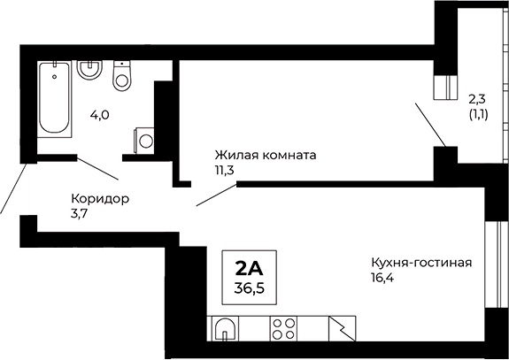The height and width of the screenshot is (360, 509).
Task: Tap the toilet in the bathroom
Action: tap(122, 77)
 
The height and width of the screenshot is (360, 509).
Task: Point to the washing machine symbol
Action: tap(144, 140)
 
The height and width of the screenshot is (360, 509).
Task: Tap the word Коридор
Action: tap(99, 198)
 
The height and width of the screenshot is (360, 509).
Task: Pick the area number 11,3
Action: tap(223, 170)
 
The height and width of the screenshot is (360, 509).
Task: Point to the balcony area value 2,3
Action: tap(476, 99)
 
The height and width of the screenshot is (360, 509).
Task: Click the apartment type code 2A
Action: tap(250, 267)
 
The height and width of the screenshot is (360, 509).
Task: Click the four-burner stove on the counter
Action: tap(284, 328)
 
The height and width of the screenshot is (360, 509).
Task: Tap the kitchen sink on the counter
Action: tap(225, 329)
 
